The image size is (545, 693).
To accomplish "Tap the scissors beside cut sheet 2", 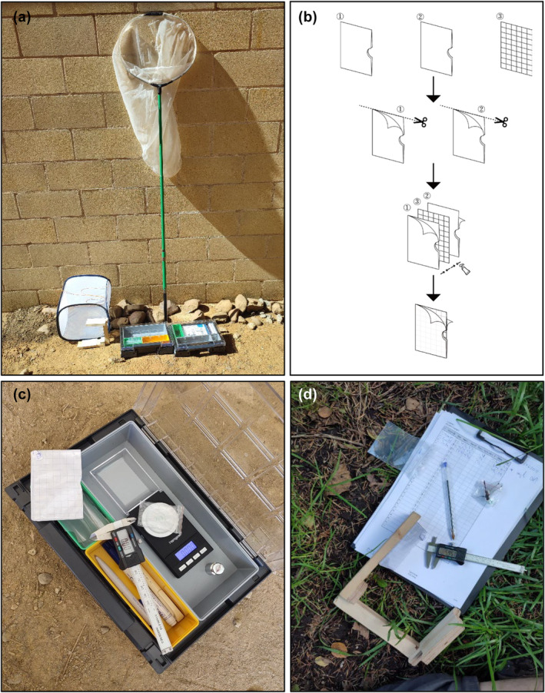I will point(500,121).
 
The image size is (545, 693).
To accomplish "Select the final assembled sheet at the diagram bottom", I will point(434,328).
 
